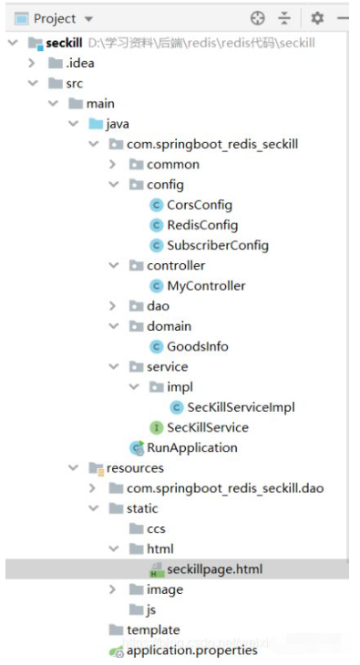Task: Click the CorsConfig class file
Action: coord(199,205)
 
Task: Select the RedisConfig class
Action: coord(201,225)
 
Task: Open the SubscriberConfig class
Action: coord(217,245)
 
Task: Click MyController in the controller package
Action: coord(206,286)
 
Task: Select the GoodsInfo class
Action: coord(197,346)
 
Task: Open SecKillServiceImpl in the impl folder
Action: coord(241,407)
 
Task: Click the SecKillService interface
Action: coord(207,427)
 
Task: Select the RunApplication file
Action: coord(191,447)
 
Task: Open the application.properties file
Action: coord(191,650)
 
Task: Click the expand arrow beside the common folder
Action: coord(112,165)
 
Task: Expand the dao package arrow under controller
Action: coord(112,306)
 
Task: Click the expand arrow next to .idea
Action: coord(32,63)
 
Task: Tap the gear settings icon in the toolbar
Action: coord(317,18)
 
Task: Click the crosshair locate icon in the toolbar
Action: coord(257,18)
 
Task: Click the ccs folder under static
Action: coord(156,529)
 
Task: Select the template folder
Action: coord(152,630)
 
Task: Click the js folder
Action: coord(151,609)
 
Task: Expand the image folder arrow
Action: coord(112,589)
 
